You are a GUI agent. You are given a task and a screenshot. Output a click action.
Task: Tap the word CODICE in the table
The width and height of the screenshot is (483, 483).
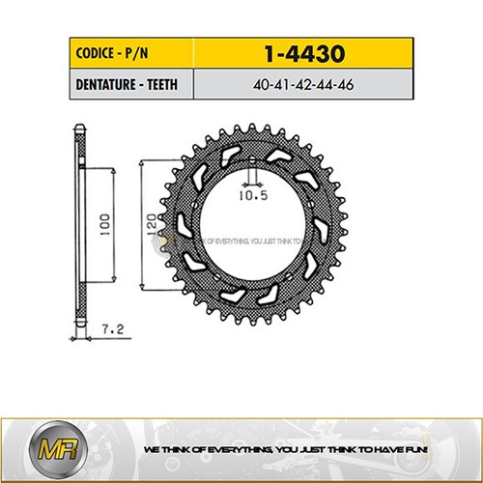pos(96,51)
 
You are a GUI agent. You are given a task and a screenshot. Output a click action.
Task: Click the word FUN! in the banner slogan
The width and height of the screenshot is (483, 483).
pos(428,450)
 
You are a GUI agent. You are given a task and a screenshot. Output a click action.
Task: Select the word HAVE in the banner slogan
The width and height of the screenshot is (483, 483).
pos(403,450)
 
